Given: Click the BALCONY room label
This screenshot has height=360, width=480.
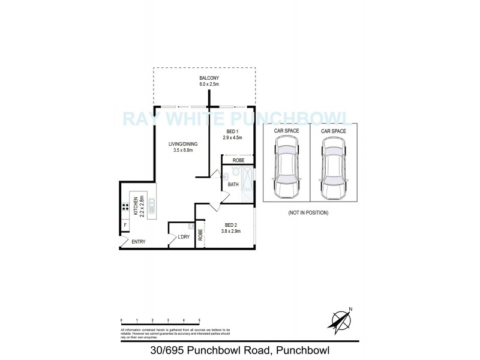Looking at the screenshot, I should [x=209, y=79].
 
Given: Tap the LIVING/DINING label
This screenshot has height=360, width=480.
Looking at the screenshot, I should [x=183, y=144].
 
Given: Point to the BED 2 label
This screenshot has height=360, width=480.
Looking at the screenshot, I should [x=230, y=225].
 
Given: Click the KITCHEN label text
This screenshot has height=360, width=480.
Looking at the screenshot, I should [x=136, y=206].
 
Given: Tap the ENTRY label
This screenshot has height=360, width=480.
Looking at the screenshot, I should [x=139, y=242].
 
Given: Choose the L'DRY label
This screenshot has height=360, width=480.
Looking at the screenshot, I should [x=184, y=238].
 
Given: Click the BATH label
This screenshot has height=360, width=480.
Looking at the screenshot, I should [x=233, y=184].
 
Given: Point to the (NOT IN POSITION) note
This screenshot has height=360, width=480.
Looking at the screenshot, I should [x=308, y=213].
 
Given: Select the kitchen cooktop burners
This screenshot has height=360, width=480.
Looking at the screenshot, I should [x=126, y=207].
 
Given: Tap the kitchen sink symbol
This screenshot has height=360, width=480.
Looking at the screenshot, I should [x=151, y=206].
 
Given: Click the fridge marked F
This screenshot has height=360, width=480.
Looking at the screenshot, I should [x=125, y=225].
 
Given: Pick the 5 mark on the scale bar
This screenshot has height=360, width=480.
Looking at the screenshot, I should [x=199, y=321].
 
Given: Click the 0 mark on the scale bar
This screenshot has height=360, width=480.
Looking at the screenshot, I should [x=122, y=321].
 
